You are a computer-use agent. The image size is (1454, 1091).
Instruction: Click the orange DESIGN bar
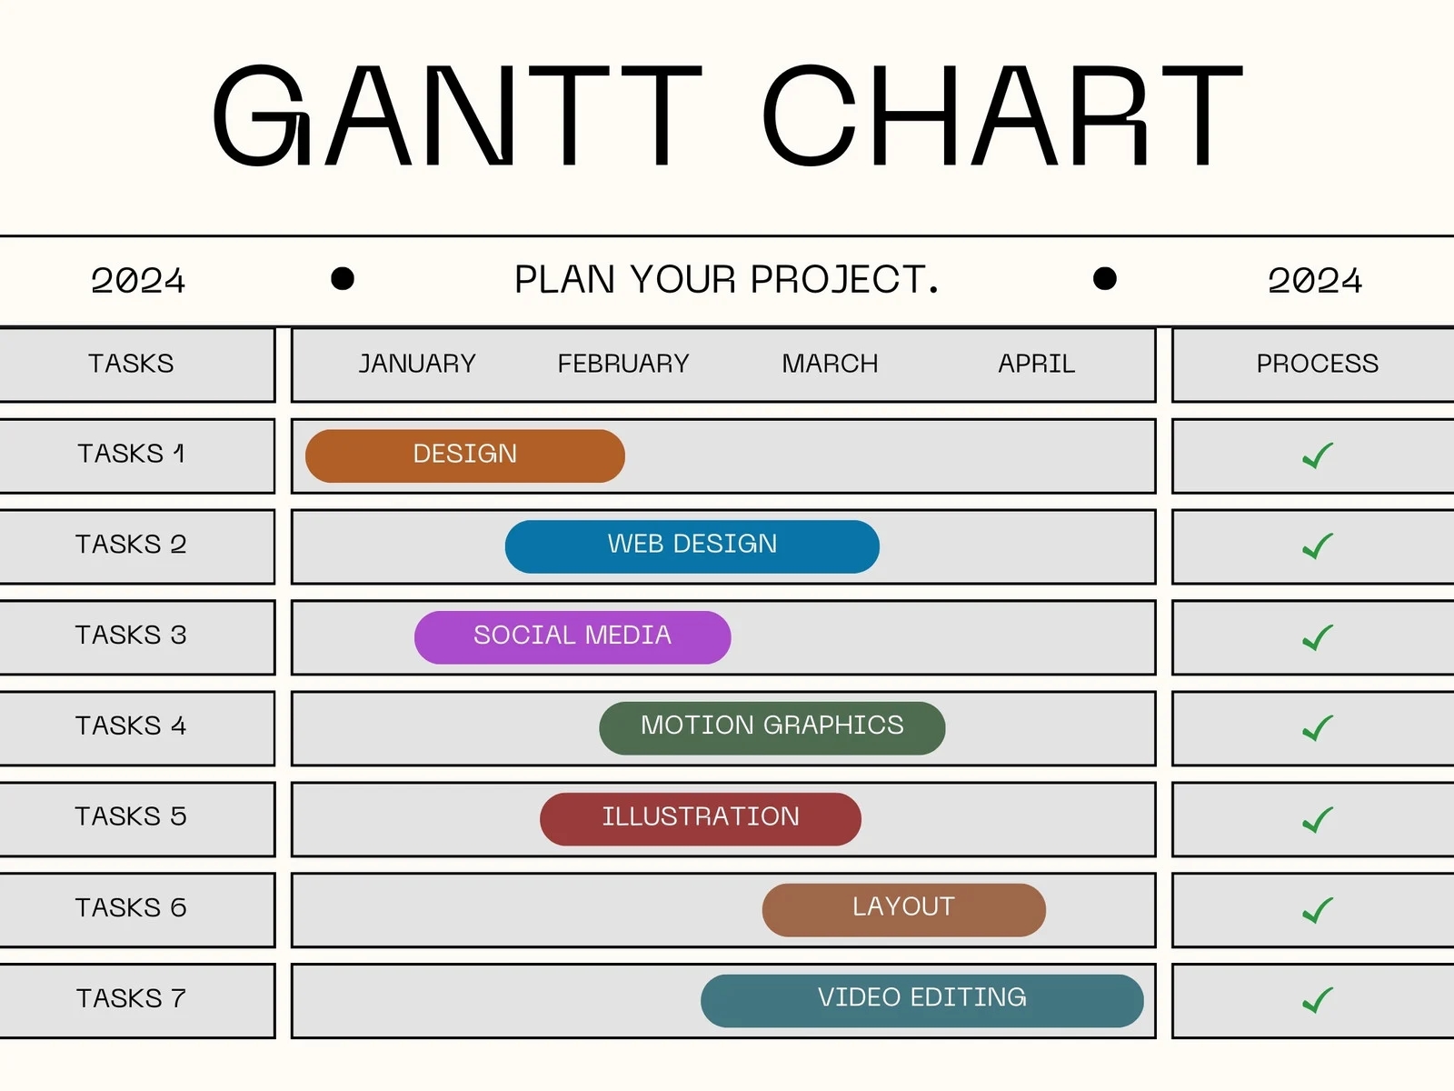[464, 455]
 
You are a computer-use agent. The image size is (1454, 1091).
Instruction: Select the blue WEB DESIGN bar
[692, 546]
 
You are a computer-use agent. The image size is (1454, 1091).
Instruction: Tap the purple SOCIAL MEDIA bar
[572, 637]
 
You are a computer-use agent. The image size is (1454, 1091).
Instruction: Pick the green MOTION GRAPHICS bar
[772, 727]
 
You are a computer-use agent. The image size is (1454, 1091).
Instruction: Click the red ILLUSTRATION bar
[700, 819]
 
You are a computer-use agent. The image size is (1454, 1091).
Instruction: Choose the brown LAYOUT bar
[903, 909]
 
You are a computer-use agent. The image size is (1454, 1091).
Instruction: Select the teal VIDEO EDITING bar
[921, 1000]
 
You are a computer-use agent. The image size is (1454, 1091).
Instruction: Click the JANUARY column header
[417, 364]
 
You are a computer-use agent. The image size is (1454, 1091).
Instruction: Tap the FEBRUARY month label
[623, 364]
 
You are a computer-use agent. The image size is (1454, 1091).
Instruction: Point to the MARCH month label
[830, 364]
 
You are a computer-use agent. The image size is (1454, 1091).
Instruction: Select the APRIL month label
[1036, 364]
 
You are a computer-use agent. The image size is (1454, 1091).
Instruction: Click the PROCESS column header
[1317, 364]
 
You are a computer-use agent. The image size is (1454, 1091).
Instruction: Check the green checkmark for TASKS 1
[1317, 455]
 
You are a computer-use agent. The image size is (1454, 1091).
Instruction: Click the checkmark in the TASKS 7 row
[1317, 1000]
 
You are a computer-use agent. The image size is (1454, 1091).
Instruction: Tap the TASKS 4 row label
[131, 726]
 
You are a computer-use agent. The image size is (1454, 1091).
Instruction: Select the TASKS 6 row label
[131, 907]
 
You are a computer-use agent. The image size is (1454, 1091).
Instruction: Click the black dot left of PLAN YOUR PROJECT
[343, 278]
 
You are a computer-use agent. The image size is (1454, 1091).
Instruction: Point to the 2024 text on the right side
[1315, 280]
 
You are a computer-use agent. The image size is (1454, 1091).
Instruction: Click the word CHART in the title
[1001, 116]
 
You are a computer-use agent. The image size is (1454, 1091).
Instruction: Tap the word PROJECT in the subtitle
[843, 280]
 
